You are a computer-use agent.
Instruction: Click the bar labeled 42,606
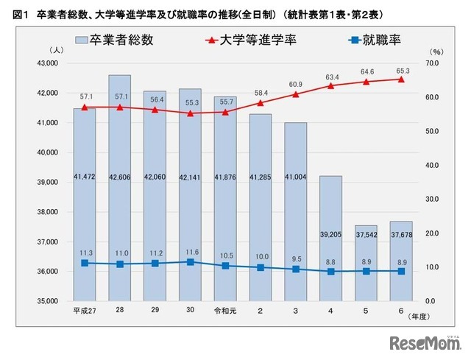point(119,188)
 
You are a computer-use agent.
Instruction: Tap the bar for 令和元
point(225,199)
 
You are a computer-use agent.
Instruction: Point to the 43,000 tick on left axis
point(48,63)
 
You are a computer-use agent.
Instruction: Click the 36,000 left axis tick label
point(48,272)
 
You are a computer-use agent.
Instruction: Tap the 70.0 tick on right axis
point(435,63)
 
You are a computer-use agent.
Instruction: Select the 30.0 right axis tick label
point(435,200)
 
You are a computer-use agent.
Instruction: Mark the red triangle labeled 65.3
point(401,79)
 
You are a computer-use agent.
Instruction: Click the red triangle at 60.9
point(295,94)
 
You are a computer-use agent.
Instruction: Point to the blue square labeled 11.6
point(190,262)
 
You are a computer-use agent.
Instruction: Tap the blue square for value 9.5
point(295,269)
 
